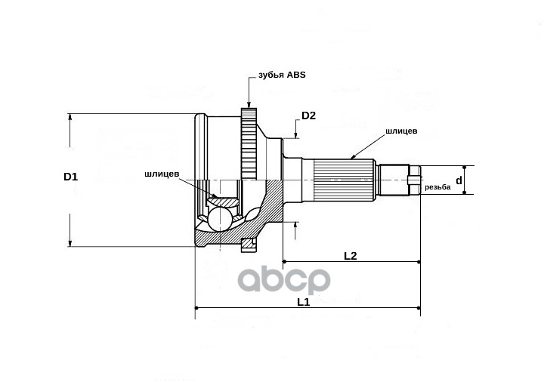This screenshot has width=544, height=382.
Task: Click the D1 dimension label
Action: pyautogui.click(x=70, y=177)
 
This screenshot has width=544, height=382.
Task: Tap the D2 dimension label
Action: pyautogui.click(x=308, y=116)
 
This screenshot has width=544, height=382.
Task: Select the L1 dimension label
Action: pyautogui.click(x=303, y=301)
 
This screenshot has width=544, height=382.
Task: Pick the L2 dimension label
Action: pyautogui.click(x=350, y=256)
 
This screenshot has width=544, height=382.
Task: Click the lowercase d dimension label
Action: pyautogui.click(x=459, y=181)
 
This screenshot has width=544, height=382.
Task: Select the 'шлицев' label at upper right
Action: pyautogui.click(x=401, y=131)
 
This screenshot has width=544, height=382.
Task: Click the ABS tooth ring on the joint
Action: pyautogui.click(x=249, y=143)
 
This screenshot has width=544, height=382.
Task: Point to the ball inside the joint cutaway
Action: pyautogui.click(x=221, y=219)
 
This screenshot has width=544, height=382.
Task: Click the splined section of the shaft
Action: pyautogui.click(x=344, y=181)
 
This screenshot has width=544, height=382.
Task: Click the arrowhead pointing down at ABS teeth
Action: pyautogui.click(x=249, y=105)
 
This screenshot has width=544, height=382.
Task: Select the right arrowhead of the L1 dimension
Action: pyautogui.click(x=417, y=308)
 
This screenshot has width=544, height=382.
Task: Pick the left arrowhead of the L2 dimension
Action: pyautogui.click(x=286, y=262)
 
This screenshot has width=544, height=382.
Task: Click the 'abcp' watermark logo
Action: pyautogui.click(x=285, y=281)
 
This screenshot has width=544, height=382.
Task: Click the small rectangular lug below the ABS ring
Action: pyautogui.click(x=249, y=244)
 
